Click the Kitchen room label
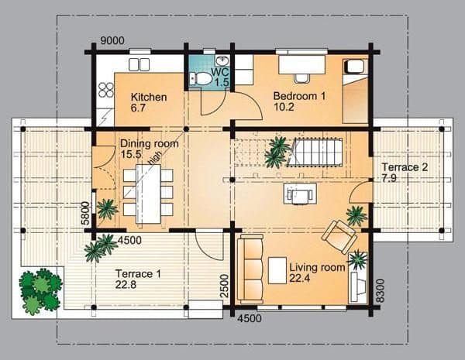[x=149, y=102]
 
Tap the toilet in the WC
[x=201, y=78]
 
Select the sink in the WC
[x=222, y=60]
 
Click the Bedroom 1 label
[x=299, y=101]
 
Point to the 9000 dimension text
[x=112, y=40]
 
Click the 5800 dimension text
[x=85, y=214]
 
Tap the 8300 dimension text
[x=381, y=290]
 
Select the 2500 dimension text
[x=225, y=286]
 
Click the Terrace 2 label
[x=405, y=173]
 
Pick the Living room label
[x=317, y=273]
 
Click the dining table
[x=148, y=194]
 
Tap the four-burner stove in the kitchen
[x=106, y=90]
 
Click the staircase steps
[x=315, y=153]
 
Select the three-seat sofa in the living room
[x=250, y=269]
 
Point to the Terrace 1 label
[x=138, y=279]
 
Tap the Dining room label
[x=149, y=149]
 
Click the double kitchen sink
[x=139, y=64]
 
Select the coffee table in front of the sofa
[x=277, y=270]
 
